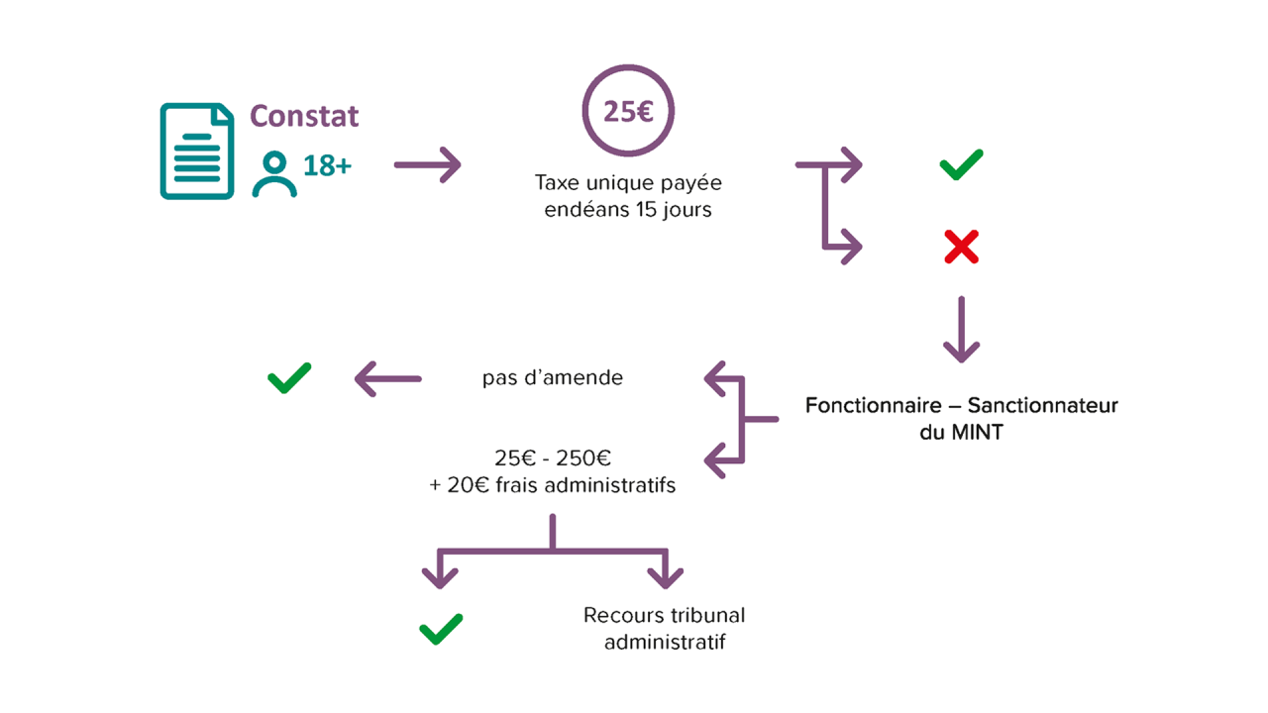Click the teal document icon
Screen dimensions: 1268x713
point(197,152)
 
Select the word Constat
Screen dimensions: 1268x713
point(304,116)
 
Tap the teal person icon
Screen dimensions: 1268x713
point(274,174)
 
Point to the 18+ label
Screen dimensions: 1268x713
point(327,165)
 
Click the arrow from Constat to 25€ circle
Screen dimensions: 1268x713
point(427,165)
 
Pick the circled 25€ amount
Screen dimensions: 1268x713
point(628,111)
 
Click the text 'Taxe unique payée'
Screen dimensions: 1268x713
point(628,183)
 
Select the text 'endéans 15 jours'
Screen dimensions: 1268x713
point(628,210)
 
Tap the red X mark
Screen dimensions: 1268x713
point(961,247)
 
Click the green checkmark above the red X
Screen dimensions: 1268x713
point(961,165)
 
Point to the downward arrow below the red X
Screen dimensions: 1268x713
point(961,330)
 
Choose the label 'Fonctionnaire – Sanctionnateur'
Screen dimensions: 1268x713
point(961,406)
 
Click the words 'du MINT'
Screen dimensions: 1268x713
point(961,433)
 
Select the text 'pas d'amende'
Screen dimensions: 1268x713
point(553,378)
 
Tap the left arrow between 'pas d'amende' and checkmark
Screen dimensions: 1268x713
point(388,378)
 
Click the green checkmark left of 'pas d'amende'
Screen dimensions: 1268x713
point(289,378)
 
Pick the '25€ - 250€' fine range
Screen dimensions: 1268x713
point(553,458)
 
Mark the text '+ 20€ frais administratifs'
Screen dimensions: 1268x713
point(553,485)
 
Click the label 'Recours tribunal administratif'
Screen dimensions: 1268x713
point(665,629)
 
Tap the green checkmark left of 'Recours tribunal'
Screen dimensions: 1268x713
point(441,629)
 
